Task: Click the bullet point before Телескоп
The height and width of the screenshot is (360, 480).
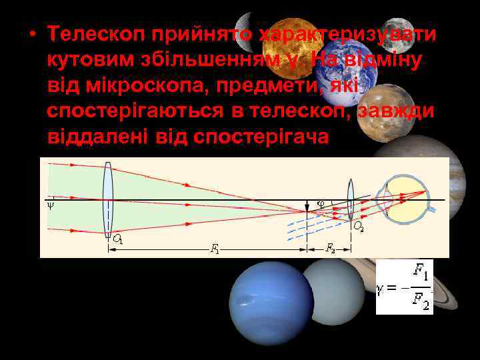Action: [31, 34]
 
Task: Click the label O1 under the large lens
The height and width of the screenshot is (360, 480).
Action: [116, 236]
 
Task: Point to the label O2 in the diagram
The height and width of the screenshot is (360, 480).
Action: [358, 227]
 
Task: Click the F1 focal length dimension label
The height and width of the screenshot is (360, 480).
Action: [215, 249]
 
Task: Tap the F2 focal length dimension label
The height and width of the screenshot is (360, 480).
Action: [330, 249]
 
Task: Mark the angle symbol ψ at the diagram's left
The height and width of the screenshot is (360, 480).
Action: [51, 205]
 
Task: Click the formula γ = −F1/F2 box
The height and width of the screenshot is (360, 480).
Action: [404, 287]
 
